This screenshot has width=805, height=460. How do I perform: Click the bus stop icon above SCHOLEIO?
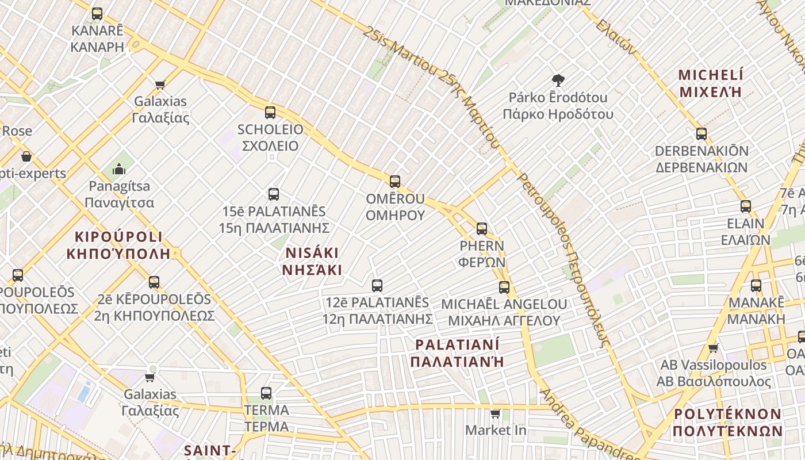pos(270,113)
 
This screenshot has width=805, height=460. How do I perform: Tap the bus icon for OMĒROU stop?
pos(395,182)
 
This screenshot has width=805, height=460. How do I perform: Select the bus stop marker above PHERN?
pos(482,229)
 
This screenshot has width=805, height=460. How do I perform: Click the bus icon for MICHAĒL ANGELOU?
pos(504,287)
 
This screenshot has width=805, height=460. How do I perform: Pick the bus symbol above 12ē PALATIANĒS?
pos(377,285)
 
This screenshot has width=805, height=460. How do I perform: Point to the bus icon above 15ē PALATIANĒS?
pos(274,194)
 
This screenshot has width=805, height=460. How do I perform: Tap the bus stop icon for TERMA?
pos(266,393)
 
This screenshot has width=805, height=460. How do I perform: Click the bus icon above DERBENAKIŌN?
pos(701,134)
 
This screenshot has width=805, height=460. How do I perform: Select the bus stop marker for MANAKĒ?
pos(756,286)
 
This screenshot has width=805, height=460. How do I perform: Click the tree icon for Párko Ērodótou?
pos(558,80)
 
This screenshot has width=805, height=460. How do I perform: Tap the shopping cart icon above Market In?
pos(496,413)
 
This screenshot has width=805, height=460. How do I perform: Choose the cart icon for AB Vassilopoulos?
pos(714,348)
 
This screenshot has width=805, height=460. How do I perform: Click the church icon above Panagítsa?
pos(119,169)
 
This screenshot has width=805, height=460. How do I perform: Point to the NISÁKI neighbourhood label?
pos(312,261)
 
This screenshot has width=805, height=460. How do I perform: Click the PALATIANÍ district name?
pos(458,352)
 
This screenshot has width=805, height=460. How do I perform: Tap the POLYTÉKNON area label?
pos(727,423)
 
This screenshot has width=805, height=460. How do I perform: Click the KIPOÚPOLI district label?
pos(118,245)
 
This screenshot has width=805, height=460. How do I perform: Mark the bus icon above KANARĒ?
pos(97,14)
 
